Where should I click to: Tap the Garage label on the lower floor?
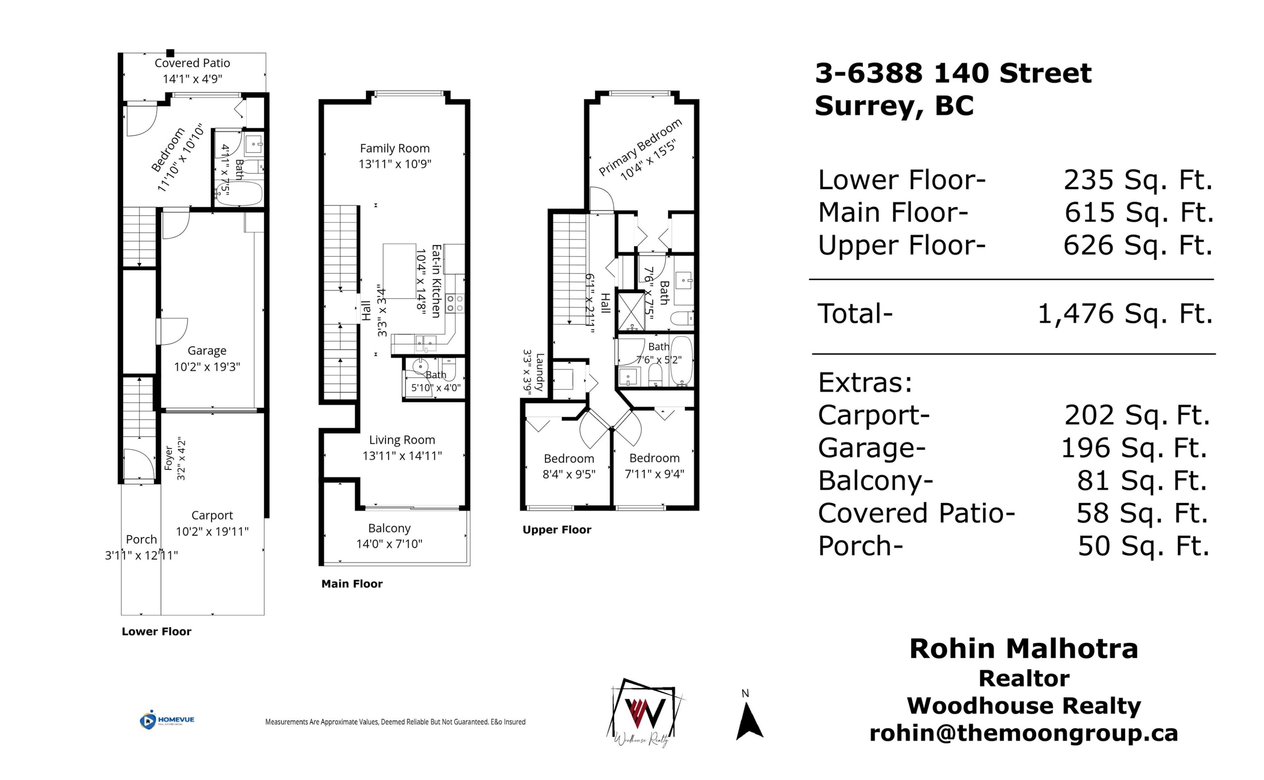(207, 351)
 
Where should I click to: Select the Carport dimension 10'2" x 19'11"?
(212, 531)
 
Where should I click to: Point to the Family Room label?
(394, 149)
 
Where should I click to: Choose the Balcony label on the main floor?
(389, 528)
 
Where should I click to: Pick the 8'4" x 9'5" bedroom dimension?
(569, 474)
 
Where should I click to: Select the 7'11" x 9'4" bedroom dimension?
(654, 474)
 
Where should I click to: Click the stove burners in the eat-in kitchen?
(455, 303)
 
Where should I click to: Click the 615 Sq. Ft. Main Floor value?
(1139, 212)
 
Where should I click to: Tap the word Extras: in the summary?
(865, 383)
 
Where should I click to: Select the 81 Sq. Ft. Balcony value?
(1142, 480)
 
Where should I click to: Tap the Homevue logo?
(166, 720)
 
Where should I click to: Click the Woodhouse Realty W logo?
(645, 712)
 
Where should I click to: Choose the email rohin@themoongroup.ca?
(1024, 733)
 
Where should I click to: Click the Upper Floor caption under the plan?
(557, 530)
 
